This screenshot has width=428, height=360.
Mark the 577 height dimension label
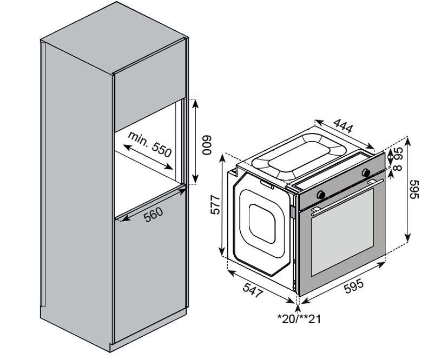(x=215, y=204)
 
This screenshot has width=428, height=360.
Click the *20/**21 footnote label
(x=298, y=319)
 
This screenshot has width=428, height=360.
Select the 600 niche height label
(x=205, y=144)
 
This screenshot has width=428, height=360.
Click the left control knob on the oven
(x=321, y=194)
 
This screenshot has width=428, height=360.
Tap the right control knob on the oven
(x=366, y=173)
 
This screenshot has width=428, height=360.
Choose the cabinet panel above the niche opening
(x=146, y=97)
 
